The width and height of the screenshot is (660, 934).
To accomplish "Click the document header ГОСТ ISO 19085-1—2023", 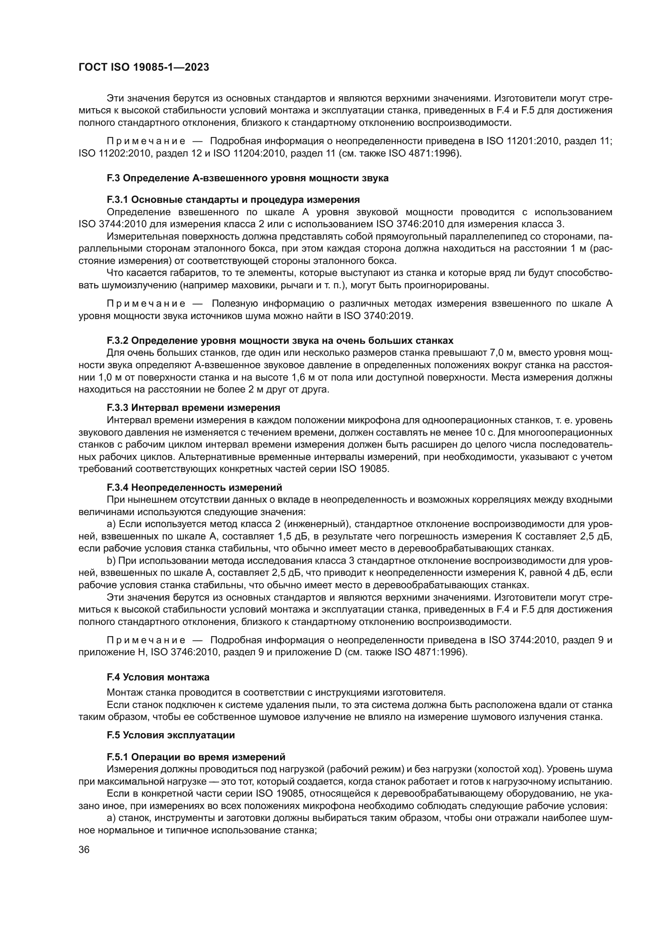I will click(x=144, y=67).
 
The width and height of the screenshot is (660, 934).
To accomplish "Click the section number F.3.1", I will click(x=117, y=200).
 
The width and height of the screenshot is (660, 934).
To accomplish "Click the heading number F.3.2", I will click(x=117, y=341).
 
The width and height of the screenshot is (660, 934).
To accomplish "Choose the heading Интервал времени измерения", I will click(x=206, y=408).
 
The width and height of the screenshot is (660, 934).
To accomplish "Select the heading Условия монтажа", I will click(x=166, y=677).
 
